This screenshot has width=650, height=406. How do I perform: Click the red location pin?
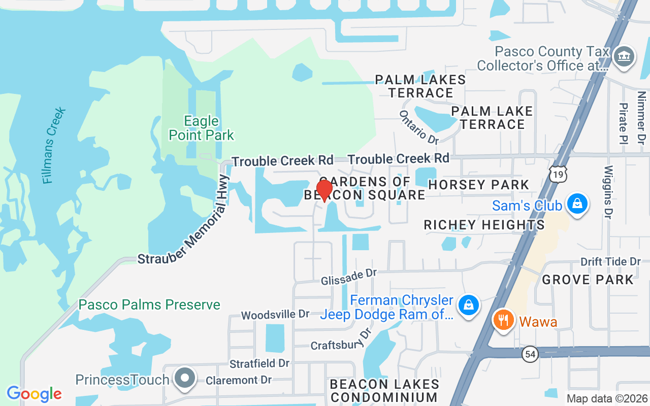pyautogui.click(x=324, y=190)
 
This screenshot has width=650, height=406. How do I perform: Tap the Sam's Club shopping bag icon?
pyautogui.click(x=577, y=204)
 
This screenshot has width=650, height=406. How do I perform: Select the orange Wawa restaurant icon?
pyautogui.click(x=503, y=321)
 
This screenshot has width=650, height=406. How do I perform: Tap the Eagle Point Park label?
pyautogui.click(x=202, y=128)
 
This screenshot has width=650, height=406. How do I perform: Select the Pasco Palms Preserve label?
pyautogui.click(x=149, y=304)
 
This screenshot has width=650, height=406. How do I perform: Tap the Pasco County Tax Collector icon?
pyautogui.click(x=624, y=56)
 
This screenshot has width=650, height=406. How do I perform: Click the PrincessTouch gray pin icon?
pyautogui.click(x=185, y=378)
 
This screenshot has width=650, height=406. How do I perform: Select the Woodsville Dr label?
pyautogui.click(x=275, y=315)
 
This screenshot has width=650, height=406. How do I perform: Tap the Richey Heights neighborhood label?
pyautogui.click(x=484, y=225)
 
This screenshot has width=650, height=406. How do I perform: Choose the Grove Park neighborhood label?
pyautogui.click(x=588, y=280)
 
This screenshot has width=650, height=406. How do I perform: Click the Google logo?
pyautogui.click(x=34, y=394)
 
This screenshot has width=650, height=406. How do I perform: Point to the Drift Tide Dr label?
pyautogui.click(x=611, y=261)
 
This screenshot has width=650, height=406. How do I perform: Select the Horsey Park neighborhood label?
pyautogui.click(x=479, y=185)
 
